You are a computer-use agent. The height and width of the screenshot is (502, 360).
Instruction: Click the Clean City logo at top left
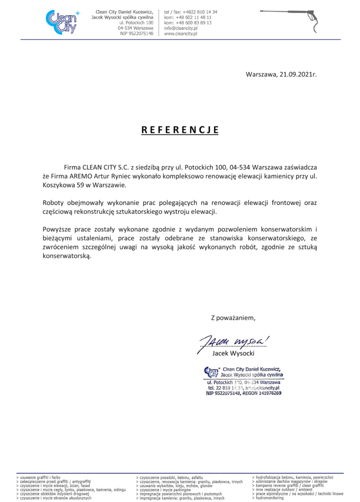pos(61,22)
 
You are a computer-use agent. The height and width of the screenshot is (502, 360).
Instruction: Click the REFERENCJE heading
pos(180,130)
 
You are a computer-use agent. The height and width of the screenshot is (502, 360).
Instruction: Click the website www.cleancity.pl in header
pos(180,34)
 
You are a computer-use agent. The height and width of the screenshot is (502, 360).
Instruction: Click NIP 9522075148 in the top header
pos(136,34)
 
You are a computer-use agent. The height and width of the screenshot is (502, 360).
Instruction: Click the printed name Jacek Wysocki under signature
pos(233,353)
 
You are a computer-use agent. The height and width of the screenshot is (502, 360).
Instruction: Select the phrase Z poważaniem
pos(233,318)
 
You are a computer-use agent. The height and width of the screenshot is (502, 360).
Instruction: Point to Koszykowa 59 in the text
pos(63,185)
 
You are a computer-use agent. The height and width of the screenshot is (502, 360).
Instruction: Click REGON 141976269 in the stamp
pos(262,393)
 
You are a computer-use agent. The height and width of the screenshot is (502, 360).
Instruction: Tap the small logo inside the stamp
pos(210,371)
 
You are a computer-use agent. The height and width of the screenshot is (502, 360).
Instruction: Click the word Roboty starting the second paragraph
pos(55,202)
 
